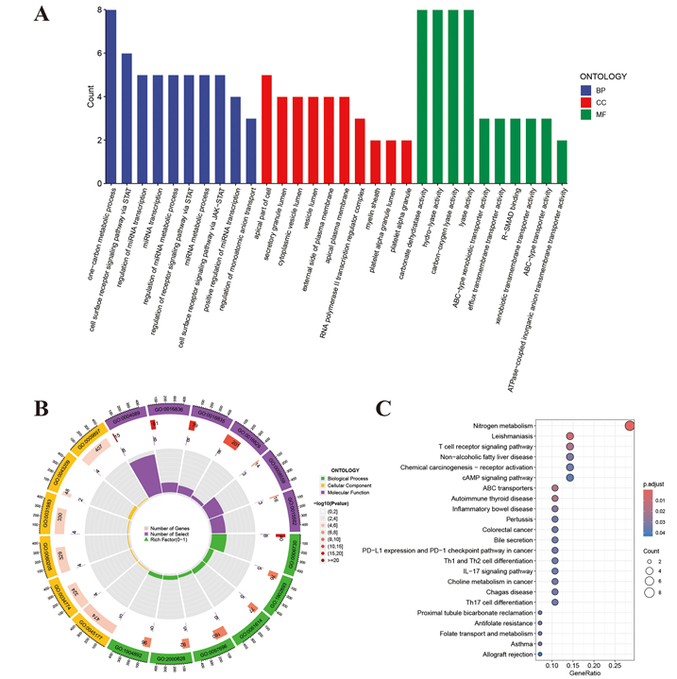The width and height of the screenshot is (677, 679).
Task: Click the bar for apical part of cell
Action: [266, 130]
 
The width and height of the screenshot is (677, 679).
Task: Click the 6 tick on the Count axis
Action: [97, 54]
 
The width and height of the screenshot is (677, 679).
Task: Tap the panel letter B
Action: [40, 410]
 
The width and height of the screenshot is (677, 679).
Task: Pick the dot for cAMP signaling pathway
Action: [570, 478]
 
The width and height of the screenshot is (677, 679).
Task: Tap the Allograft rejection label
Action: [503, 653]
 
